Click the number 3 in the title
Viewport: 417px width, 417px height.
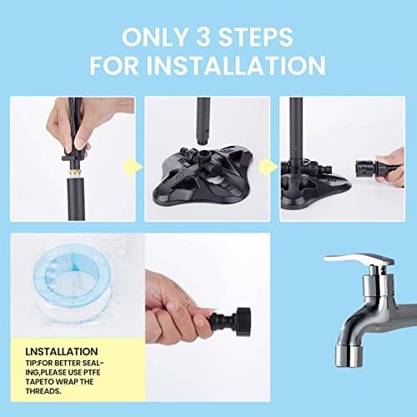click(204, 37)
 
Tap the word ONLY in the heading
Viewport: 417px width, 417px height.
click(155, 37)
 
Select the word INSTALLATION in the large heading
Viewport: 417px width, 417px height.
click(236, 66)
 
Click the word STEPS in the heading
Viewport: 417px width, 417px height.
click(256, 37)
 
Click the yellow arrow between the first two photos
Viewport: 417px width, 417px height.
click(133, 167)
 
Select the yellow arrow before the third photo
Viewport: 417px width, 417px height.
click(269, 167)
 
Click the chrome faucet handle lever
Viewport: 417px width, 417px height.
click(359, 260)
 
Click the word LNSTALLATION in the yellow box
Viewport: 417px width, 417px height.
click(62, 351)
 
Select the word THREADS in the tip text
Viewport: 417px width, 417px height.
click(43, 391)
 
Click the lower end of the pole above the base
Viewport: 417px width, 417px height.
click(203, 140)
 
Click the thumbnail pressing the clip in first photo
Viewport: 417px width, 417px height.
click(80, 143)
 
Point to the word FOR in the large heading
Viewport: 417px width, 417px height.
click(114, 66)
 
